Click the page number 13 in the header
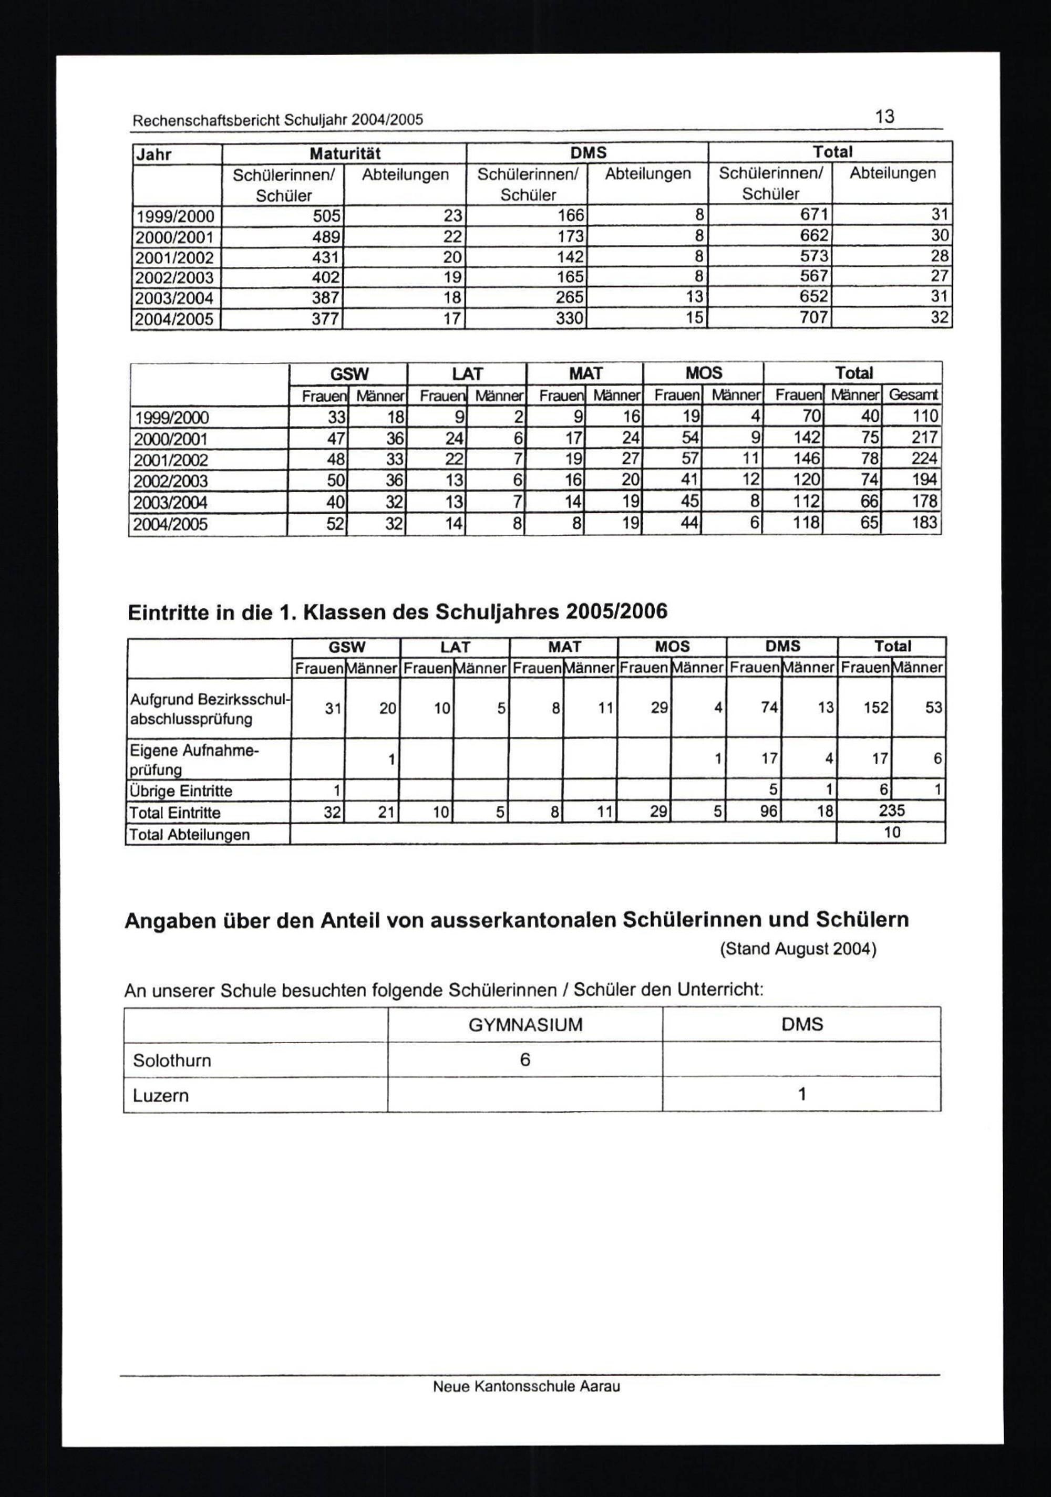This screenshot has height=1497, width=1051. point(884,117)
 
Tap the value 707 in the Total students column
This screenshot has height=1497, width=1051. point(813,318)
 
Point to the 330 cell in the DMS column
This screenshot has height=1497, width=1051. point(569,319)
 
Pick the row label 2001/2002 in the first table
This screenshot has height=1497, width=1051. point(174,257)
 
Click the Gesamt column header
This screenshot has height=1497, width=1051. point(913,394)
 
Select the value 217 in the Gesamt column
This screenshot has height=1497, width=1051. point(924,438)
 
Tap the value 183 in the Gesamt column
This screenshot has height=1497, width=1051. point(924,523)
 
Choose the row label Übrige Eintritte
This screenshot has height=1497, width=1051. point(181,791)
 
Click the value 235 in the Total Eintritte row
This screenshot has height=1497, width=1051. point(891,810)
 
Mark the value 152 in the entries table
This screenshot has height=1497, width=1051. point(875,708)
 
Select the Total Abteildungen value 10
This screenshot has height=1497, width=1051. point(891,832)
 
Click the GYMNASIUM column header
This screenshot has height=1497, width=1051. point(525,1024)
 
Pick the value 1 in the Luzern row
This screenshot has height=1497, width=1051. point(802,1094)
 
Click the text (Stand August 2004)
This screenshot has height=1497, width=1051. point(798,949)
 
